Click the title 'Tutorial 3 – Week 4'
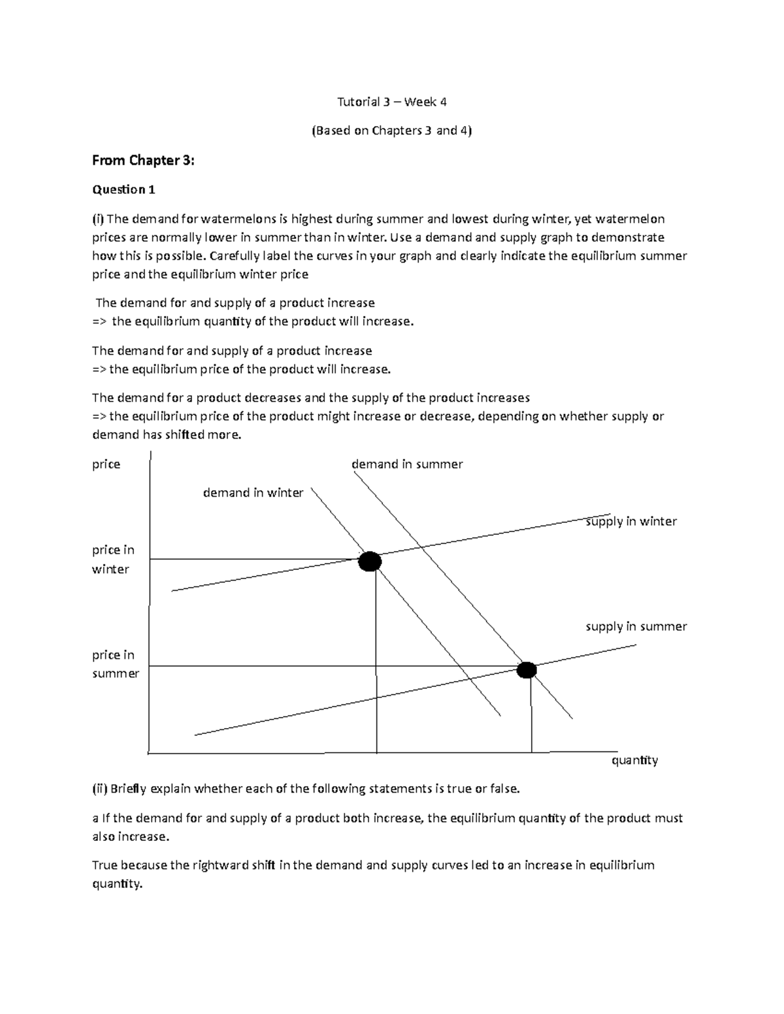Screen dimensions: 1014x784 391,101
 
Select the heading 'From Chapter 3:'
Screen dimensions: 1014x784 143,160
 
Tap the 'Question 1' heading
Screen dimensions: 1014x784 123,189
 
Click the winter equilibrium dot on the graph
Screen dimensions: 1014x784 370,561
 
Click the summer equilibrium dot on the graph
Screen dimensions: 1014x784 527,670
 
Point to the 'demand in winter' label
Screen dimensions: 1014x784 253,493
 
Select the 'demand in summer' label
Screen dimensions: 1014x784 407,464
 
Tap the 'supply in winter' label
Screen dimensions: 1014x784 631,521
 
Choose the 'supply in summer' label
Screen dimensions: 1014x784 636,626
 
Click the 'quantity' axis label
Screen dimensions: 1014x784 634,760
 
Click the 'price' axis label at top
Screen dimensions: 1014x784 106,464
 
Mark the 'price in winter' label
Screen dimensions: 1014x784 112,560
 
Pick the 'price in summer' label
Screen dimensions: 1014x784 115,664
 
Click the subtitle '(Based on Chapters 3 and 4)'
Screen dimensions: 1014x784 391,131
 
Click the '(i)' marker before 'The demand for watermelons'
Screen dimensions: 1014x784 98,219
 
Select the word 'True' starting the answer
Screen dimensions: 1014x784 106,865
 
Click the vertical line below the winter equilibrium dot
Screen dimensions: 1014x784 376,659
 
